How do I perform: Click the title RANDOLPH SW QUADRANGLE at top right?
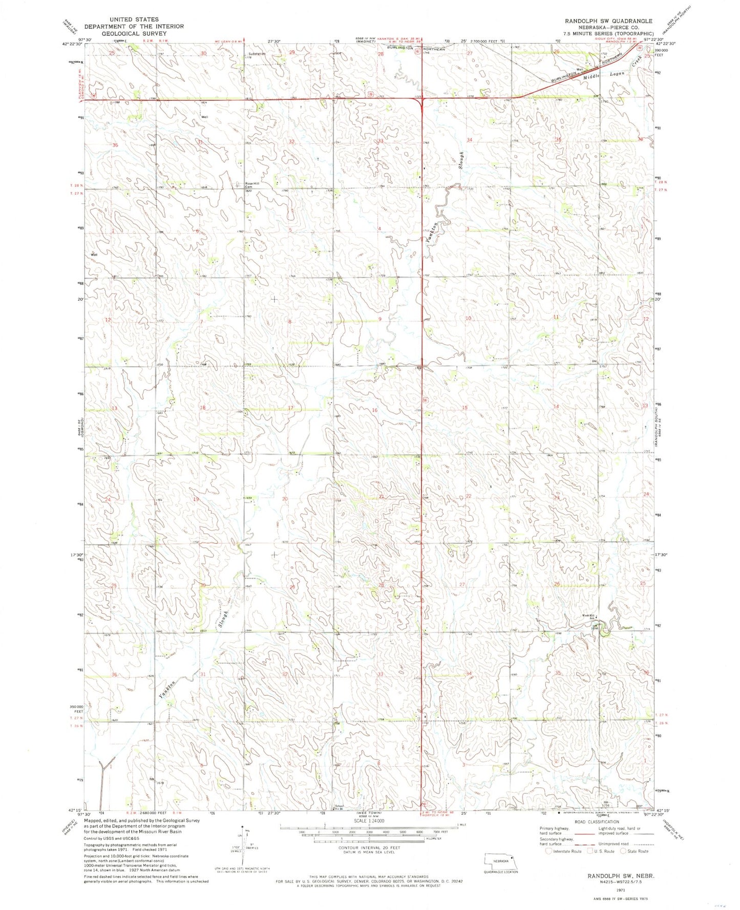pyautogui.click(x=608, y=21)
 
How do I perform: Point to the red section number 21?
pyautogui.click(x=381, y=497)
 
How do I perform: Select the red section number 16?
pyautogui.click(x=374, y=410)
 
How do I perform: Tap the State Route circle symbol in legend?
pyautogui.click(x=624, y=851)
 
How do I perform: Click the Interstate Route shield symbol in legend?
pyautogui.click(x=549, y=851)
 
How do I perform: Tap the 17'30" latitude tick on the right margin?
pyautogui.click(x=663, y=555)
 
